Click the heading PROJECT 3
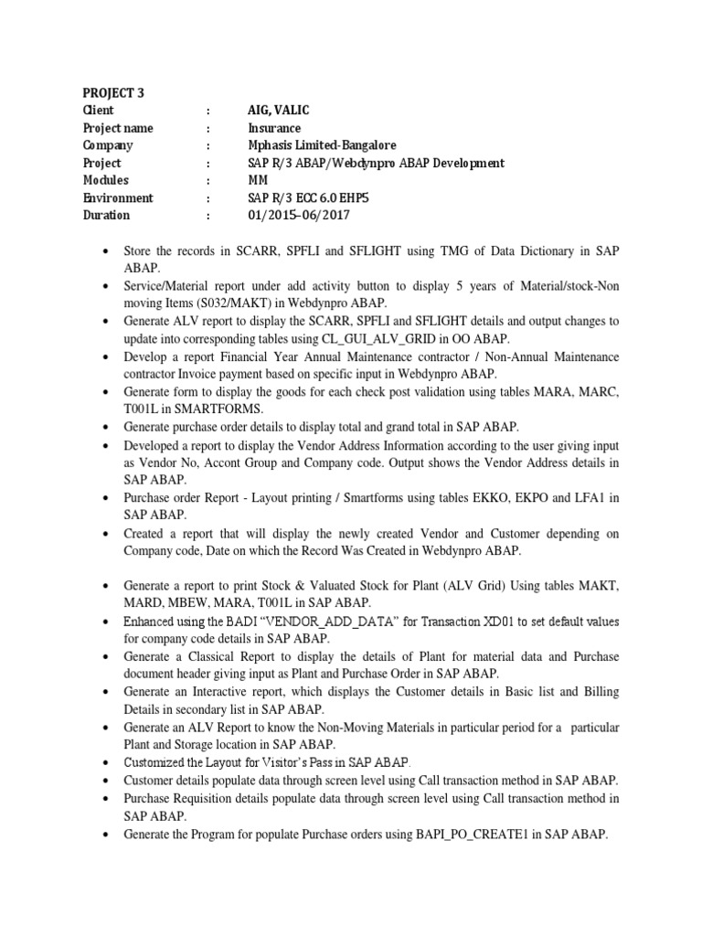tap(113, 92)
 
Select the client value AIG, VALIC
tap(282, 110)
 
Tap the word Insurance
tap(274, 128)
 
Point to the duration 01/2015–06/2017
tap(298, 216)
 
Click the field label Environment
tap(118, 198)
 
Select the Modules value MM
tap(259, 180)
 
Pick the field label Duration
tap(107, 216)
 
